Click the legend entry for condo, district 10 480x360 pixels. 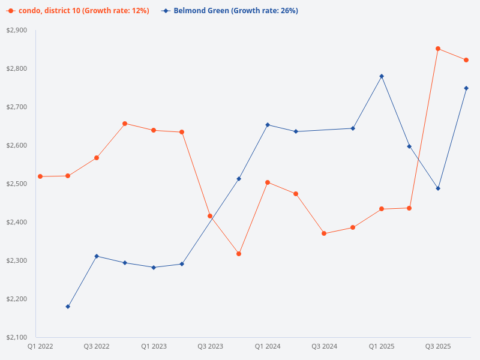point(78,11)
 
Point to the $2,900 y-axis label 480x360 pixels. point(17,30)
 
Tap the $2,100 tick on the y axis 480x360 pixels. point(17,337)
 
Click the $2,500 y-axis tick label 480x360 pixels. point(17,184)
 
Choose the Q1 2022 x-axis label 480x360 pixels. point(40,346)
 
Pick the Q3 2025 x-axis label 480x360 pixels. point(438,346)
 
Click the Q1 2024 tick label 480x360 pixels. point(268,346)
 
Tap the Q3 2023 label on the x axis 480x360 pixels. point(211,346)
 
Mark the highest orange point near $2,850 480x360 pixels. point(438,49)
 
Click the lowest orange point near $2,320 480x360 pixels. point(239,254)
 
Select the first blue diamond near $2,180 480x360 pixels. point(68,307)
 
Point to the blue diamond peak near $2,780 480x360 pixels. point(382,76)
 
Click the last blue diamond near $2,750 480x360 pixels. point(466,88)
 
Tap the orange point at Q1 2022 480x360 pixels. point(40,176)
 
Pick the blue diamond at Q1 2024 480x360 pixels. point(268,125)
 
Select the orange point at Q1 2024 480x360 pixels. point(268,182)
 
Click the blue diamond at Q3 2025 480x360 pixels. point(438,188)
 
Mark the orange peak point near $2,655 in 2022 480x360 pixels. point(125,124)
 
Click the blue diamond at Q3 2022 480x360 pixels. point(97,256)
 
